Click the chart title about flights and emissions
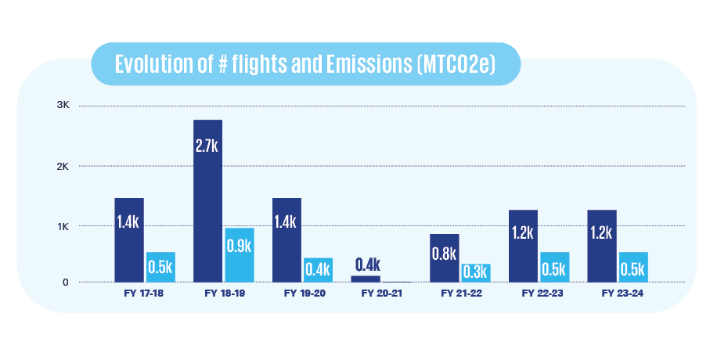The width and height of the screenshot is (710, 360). coord(305,64)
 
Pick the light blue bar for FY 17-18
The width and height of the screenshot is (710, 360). coord(160,267)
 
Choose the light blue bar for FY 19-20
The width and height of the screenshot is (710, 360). coord(318,269)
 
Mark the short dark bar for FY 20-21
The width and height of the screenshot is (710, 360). coord(365,279)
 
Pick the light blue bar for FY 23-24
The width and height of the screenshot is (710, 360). coord(633,267)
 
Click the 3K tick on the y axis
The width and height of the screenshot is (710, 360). coord(63,106)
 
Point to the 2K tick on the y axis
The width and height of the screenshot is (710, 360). coord(63,166)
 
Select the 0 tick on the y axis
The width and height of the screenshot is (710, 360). coord(66,282)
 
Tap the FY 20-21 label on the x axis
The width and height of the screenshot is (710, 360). coord(380,294)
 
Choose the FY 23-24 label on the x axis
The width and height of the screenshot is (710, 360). coord(618,294)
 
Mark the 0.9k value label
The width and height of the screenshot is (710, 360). coord(239,246)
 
